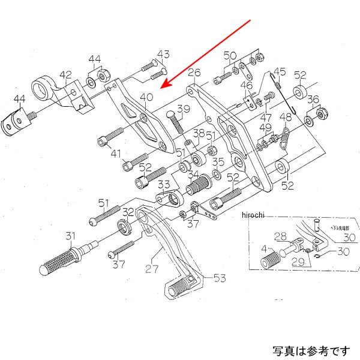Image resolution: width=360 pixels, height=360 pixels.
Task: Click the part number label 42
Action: pyautogui.click(x=65, y=75)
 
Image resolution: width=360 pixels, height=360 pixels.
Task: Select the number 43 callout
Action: pyautogui.click(x=164, y=54)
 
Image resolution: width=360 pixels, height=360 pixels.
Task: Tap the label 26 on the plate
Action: pyautogui.click(x=193, y=74)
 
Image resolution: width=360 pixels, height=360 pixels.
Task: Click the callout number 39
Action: pyautogui.click(x=183, y=109)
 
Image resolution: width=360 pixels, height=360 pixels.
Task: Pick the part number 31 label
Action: pyautogui.click(x=71, y=235)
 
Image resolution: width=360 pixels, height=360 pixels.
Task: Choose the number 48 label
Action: pyautogui.click(x=286, y=117)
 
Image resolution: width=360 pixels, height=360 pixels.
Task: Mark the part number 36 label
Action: pyautogui.click(x=313, y=100)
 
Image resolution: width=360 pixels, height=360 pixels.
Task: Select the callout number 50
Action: pyautogui.click(x=230, y=56)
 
